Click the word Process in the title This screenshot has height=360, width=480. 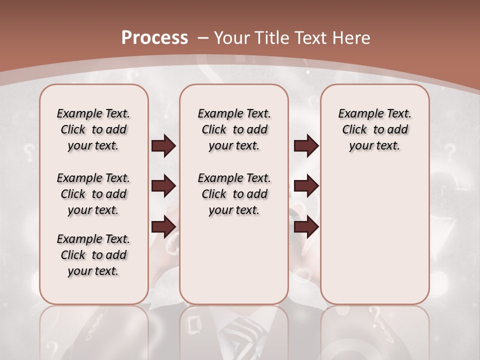click(154, 37)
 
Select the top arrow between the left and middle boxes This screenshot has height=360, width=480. click(163, 146)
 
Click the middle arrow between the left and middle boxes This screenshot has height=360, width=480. click(163, 186)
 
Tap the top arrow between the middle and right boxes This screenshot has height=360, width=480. click(306, 146)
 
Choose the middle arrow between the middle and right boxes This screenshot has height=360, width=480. click(306, 186)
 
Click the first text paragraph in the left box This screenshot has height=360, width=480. click(93, 129)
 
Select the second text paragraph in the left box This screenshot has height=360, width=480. click(93, 194)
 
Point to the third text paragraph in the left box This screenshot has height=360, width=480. click(93, 255)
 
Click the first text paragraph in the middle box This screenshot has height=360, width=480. click(234, 129)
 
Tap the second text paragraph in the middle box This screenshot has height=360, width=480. click(234, 194)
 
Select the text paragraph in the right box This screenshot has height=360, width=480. click(374, 129)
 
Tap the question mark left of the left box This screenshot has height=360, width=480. click(29, 150)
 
